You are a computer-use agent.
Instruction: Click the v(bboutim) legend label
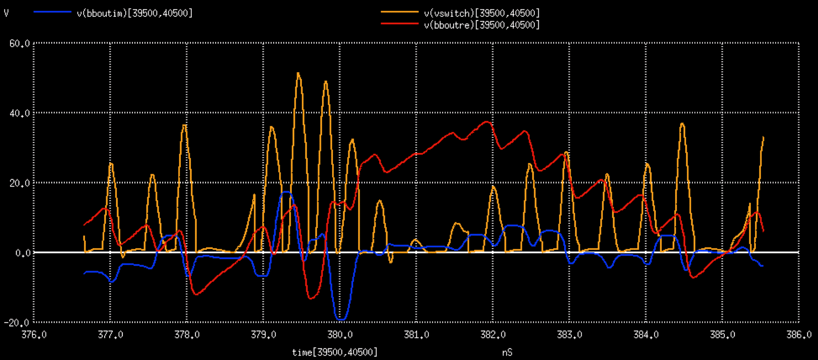pyautogui.click(x=134, y=13)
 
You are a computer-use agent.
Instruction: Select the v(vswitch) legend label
pyautogui.click(x=481, y=13)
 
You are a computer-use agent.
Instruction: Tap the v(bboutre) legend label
pyautogui.click(x=481, y=25)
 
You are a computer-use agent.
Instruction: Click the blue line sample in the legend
pyautogui.click(x=52, y=12)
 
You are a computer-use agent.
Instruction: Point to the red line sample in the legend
pyautogui.click(x=400, y=24)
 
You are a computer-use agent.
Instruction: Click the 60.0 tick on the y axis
pyautogui.click(x=19, y=44)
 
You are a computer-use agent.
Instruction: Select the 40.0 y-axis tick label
pyautogui.click(x=19, y=113)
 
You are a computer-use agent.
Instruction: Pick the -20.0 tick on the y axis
pyautogui.click(x=17, y=323)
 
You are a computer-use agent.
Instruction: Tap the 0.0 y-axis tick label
pyautogui.click(x=23, y=253)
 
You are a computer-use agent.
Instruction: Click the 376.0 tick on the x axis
pyautogui.click(x=34, y=335)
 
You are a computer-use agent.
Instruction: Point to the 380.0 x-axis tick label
pyautogui.click(x=340, y=335)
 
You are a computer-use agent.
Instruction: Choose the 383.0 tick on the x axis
pyautogui.click(x=569, y=335)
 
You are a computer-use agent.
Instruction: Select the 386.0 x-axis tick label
pyautogui.click(x=799, y=335)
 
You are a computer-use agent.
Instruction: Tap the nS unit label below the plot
pyautogui.click(x=507, y=352)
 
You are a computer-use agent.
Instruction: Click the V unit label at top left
pyautogui.click(x=6, y=13)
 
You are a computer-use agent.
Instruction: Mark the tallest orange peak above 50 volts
pyautogui.click(x=298, y=73)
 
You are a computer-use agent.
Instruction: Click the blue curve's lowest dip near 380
pyautogui.click(x=341, y=319)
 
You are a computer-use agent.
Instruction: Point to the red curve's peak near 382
pyautogui.click(x=487, y=121)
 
